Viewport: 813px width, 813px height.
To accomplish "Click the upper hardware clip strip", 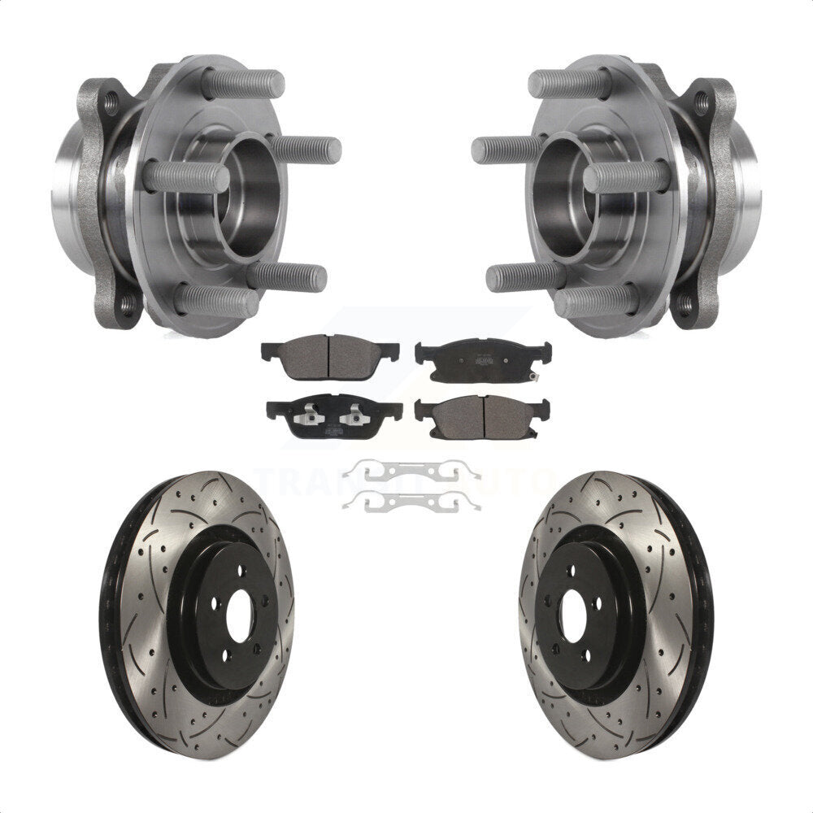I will pyautogui.click(x=411, y=472).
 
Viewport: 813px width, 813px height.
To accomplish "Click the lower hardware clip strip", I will pyautogui.click(x=411, y=505).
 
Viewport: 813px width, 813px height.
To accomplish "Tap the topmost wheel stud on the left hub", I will pyautogui.click(x=244, y=84).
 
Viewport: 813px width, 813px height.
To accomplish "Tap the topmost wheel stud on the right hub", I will pyautogui.click(x=569, y=84).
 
